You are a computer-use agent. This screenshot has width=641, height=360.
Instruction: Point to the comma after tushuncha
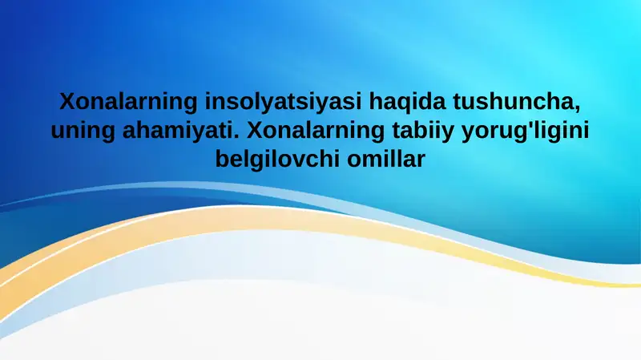577,110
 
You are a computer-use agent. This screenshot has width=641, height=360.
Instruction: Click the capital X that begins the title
67,103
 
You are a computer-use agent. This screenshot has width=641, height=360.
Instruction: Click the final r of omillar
421,160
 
